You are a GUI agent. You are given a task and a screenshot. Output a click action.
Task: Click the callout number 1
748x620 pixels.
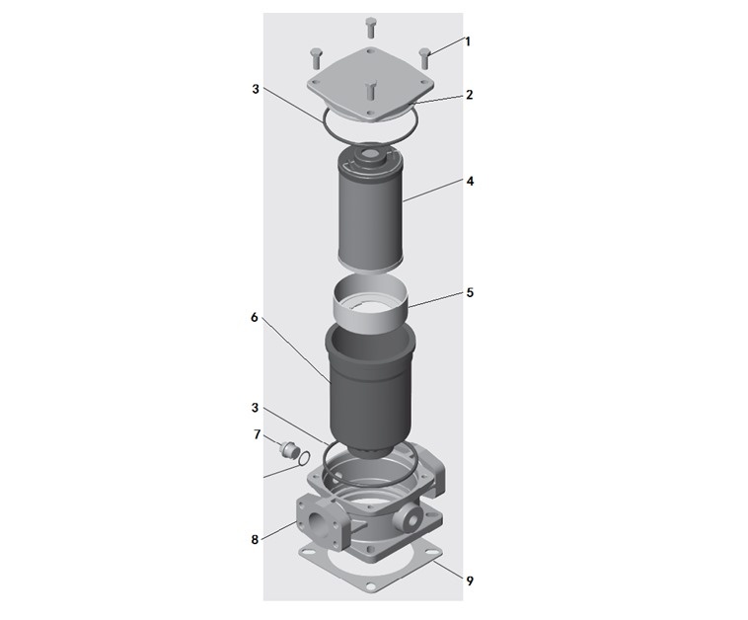pos(468,41)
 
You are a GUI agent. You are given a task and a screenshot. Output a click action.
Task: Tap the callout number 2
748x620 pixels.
pos(470,95)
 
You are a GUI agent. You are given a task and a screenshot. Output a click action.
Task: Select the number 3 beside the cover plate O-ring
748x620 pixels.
pos(256,89)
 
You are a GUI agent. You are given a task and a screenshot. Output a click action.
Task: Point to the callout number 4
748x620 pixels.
pos(470,182)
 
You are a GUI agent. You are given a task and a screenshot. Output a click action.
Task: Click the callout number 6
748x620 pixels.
pos(254,317)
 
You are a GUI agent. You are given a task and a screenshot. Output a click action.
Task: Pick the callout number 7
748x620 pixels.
pos(257,434)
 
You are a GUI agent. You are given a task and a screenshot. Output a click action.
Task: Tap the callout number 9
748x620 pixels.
pos(470,581)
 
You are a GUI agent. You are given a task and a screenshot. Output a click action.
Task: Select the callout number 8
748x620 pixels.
pos(255,539)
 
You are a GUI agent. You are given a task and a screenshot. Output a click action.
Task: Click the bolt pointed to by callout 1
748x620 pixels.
pos(425,58)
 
